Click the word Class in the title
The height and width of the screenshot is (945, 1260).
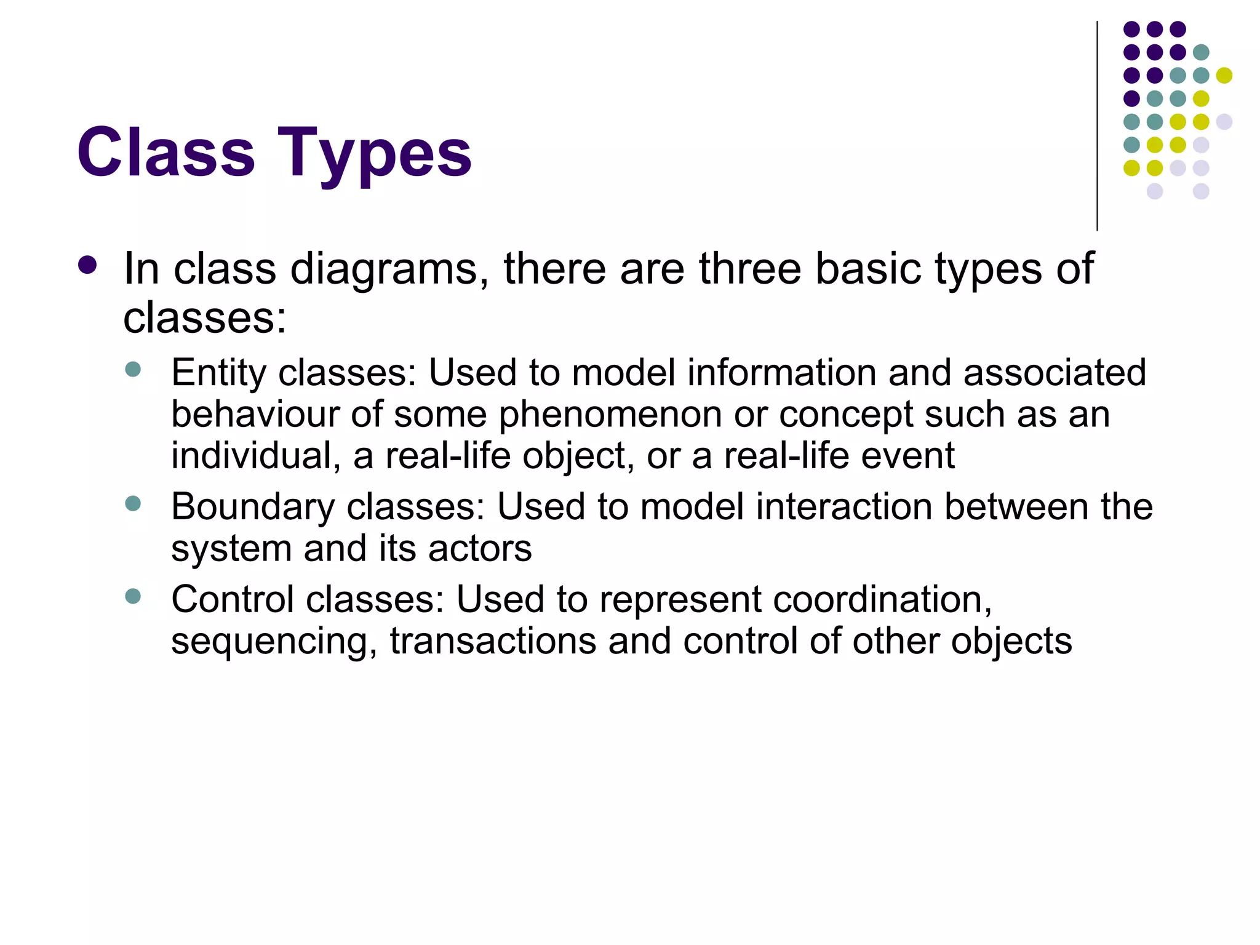(165, 152)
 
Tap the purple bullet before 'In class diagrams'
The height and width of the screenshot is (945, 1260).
(88, 265)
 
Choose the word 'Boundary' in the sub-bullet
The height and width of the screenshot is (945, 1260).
(253, 508)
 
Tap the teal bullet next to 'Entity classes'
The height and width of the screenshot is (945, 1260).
(133, 370)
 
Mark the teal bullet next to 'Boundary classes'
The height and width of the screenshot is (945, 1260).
(133, 504)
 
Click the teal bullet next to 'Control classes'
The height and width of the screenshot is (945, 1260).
(133, 596)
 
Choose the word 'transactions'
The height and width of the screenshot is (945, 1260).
(493, 641)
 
